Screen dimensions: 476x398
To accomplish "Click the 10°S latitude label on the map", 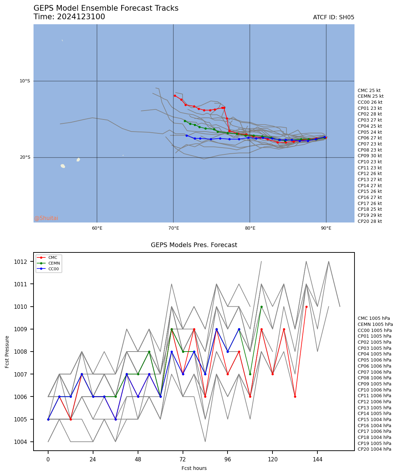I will pyautogui.click(x=25, y=81).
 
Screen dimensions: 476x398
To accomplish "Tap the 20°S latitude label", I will pyautogui.click(x=25, y=157).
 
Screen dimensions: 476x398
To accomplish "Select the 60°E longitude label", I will pyautogui.click(x=97, y=228).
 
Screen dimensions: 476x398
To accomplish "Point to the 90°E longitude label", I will pyautogui.click(x=326, y=228).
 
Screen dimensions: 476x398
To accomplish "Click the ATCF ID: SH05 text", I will pyautogui.click(x=333, y=17).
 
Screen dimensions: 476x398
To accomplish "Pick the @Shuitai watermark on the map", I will pyautogui.click(x=46, y=218).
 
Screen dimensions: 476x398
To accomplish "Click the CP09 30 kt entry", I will pyautogui.click(x=369, y=156).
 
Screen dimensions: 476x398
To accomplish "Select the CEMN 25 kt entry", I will pyautogui.click(x=371, y=96).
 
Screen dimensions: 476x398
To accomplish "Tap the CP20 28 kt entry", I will pyautogui.click(x=369, y=221).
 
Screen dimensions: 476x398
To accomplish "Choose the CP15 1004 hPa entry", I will pyautogui.click(x=374, y=420).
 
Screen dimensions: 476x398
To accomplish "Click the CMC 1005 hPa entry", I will pyautogui.click(x=374, y=318).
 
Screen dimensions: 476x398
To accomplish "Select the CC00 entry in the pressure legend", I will pyautogui.click(x=53, y=269).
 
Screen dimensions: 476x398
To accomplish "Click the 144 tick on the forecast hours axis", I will pyautogui.click(x=317, y=460).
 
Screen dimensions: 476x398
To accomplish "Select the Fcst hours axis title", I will pyautogui.click(x=194, y=468).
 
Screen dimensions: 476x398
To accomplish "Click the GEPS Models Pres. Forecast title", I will pyautogui.click(x=194, y=245).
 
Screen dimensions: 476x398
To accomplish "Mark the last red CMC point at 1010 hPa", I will pyautogui.click(x=306, y=307).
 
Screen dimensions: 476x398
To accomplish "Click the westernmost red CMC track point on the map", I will pyautogui.click(x=175, y=96).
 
